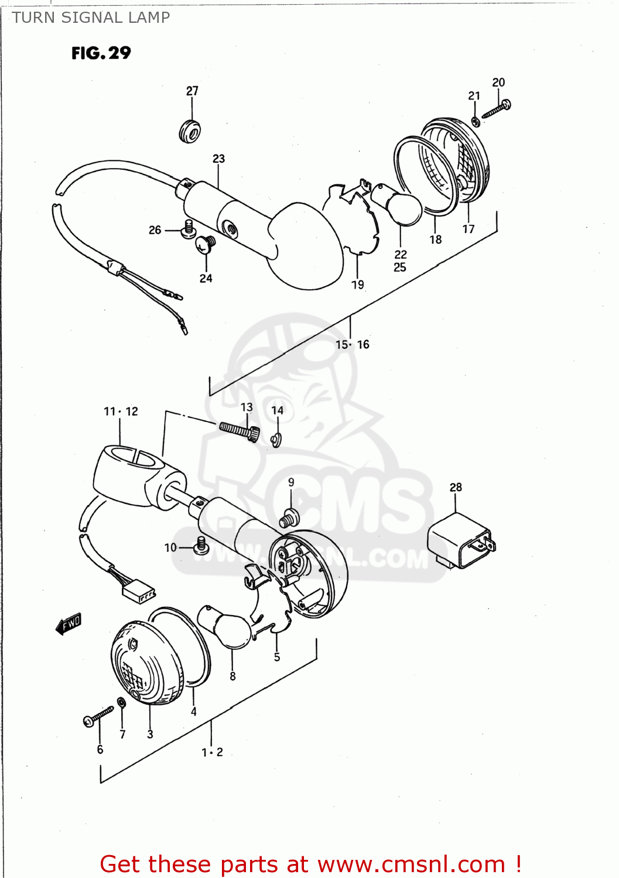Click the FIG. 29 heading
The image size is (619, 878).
(101, 53)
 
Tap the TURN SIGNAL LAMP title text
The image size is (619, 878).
(91, 18)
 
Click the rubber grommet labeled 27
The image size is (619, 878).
(190, 131)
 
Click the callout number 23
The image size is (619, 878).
(218, 159)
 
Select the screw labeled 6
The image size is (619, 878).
(98, 716)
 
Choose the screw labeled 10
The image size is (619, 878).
(201, 546)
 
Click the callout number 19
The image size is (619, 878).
(357, 285)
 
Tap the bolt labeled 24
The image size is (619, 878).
(206, 243)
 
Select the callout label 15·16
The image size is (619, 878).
(352, 345)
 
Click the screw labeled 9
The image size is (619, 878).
(289, 517)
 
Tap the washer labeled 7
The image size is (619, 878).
(121, 702)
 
